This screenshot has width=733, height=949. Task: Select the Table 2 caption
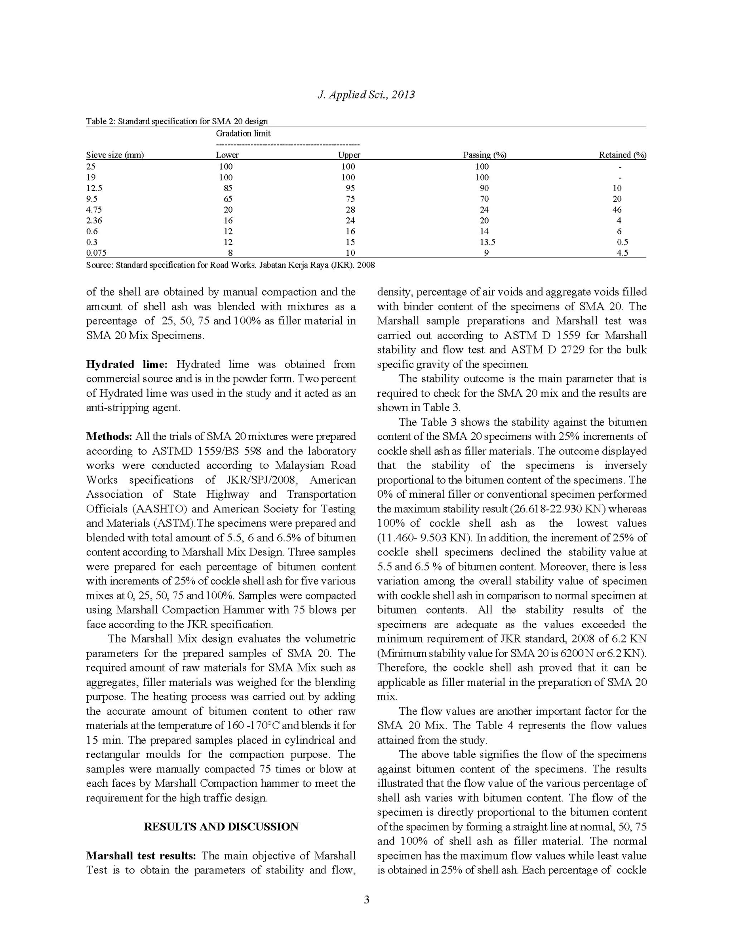(177, 121)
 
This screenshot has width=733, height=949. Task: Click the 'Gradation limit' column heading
(243, 134)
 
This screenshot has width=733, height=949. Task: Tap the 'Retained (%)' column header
(622, 155)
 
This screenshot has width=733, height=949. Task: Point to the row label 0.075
(96, 253)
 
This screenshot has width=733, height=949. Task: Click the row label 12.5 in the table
(94, 188)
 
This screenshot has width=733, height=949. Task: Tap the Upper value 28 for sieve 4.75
(350, 209)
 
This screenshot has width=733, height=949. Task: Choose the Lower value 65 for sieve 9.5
(228, 199)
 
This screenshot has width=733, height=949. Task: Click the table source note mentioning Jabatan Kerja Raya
(230, 265)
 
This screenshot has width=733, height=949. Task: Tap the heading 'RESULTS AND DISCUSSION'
(221, 827)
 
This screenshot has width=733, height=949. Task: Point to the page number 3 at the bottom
(366, 900)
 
